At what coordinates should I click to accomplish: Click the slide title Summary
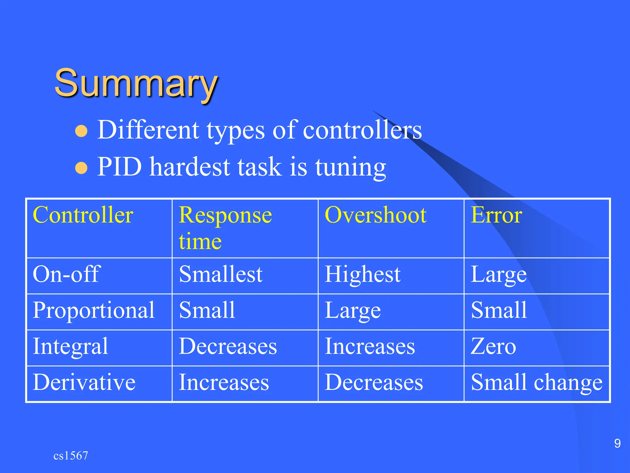(136, 83)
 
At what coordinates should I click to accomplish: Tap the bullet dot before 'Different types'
(82, 131)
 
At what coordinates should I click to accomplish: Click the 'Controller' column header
(83, 215)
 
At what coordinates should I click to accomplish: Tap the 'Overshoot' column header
(375, 215)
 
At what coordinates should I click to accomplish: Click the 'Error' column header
(496, 215)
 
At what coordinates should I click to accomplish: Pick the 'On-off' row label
(66, 274)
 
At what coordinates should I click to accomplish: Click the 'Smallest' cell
(221, 274)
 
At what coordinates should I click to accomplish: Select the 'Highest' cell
(363, 274)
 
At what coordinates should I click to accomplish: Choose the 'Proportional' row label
(94, 310)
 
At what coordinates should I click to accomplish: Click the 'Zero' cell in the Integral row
(493, 346)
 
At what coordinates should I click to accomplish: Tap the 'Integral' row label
(70, 346)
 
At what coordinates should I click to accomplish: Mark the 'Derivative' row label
(84, 382)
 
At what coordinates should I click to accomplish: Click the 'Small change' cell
(536, 382)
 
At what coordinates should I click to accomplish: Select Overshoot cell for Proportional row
(353, 310)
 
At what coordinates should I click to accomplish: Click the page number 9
(617, 443)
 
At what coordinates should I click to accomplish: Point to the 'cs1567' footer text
(71, 455)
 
